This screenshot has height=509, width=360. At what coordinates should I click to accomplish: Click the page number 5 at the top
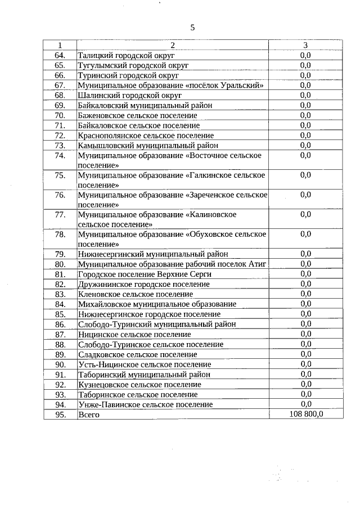tap(192, 27)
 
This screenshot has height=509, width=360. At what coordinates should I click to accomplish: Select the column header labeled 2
tap(173, 45)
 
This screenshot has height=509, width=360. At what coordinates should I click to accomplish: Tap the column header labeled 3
tap(305, 45)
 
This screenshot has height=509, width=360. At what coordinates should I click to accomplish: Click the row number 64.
tap(60, 55)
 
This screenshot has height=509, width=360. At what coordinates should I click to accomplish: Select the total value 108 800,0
tap(305, 415)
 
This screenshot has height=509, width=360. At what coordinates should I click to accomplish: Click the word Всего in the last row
tap(89, 415)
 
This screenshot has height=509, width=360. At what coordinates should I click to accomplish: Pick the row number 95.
tap(60, 415)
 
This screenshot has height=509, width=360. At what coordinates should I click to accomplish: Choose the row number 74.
tap(60, 155)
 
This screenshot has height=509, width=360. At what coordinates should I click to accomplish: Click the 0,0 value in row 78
tap(305, 234)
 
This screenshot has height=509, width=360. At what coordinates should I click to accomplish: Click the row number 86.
tap(60, 324)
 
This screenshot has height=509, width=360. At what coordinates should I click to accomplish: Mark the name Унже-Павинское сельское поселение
tap(146, 404)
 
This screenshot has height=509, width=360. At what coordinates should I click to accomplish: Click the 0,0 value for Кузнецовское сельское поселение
tap(305, 384)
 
